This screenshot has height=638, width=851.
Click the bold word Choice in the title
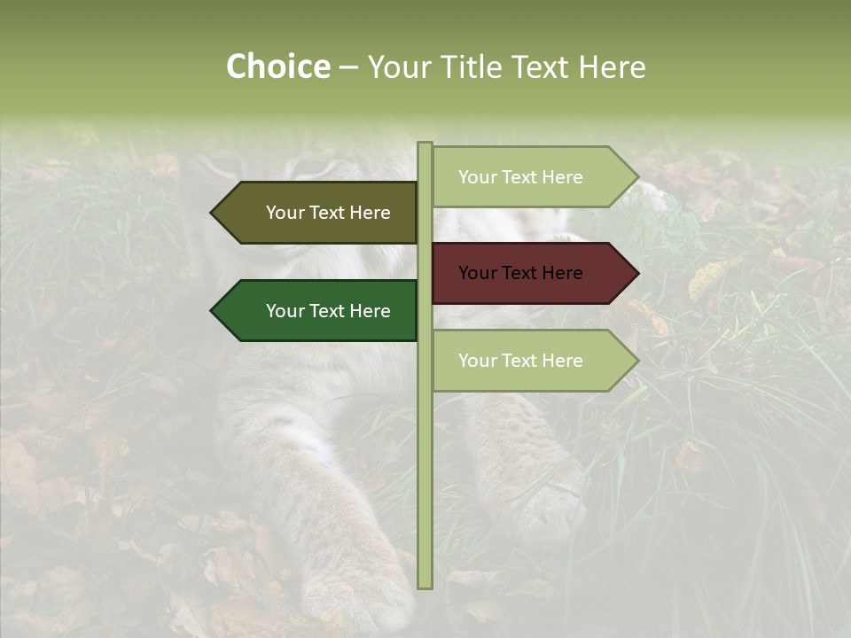tap(277, 67)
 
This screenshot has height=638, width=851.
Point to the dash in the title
tap(348, 68)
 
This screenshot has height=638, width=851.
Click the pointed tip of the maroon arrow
tap(637, 273)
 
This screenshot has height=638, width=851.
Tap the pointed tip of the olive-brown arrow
tap(212, 213)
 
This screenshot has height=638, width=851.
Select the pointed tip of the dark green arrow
tap(212, 311)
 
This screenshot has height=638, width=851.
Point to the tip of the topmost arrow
tap(637, 177)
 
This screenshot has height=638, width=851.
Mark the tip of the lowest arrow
tap(637, 361)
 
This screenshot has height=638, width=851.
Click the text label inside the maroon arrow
tap(520, 273)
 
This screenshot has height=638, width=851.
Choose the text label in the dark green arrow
tap(328, 311)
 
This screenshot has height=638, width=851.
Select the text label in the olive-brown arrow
tap(328, 213)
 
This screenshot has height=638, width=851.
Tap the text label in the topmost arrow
tap(520, 177)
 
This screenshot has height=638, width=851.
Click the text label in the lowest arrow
tap(520, 361)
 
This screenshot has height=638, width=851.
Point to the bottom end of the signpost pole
tap(425, 586)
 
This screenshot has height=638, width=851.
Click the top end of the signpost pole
tap(425, 144)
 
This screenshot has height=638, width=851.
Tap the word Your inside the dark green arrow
tap(285, 311)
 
